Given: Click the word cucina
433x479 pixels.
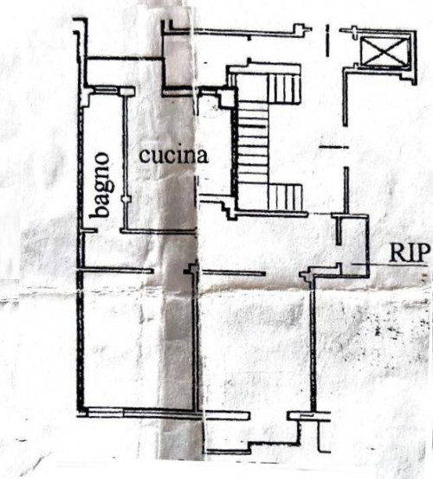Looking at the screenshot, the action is (173, 155).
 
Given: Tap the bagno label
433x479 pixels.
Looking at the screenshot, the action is (100, 185).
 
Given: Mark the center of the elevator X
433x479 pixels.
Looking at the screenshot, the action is (384, 51).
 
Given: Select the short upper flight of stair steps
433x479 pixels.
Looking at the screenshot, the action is (283, 88).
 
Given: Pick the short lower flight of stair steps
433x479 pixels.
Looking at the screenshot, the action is (286, 197).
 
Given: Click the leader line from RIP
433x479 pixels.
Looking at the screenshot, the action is (389, 265).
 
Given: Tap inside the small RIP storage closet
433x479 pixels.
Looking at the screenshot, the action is (352, 245).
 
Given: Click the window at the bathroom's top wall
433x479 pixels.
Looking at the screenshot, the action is (107, 90).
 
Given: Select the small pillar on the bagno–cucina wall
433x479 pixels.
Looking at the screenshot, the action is (126, 199).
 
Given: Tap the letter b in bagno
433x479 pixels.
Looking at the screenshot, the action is (100, 211).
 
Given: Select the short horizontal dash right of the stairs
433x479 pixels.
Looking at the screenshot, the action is (333, 147).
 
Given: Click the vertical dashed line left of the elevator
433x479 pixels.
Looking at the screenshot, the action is (327, 41).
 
